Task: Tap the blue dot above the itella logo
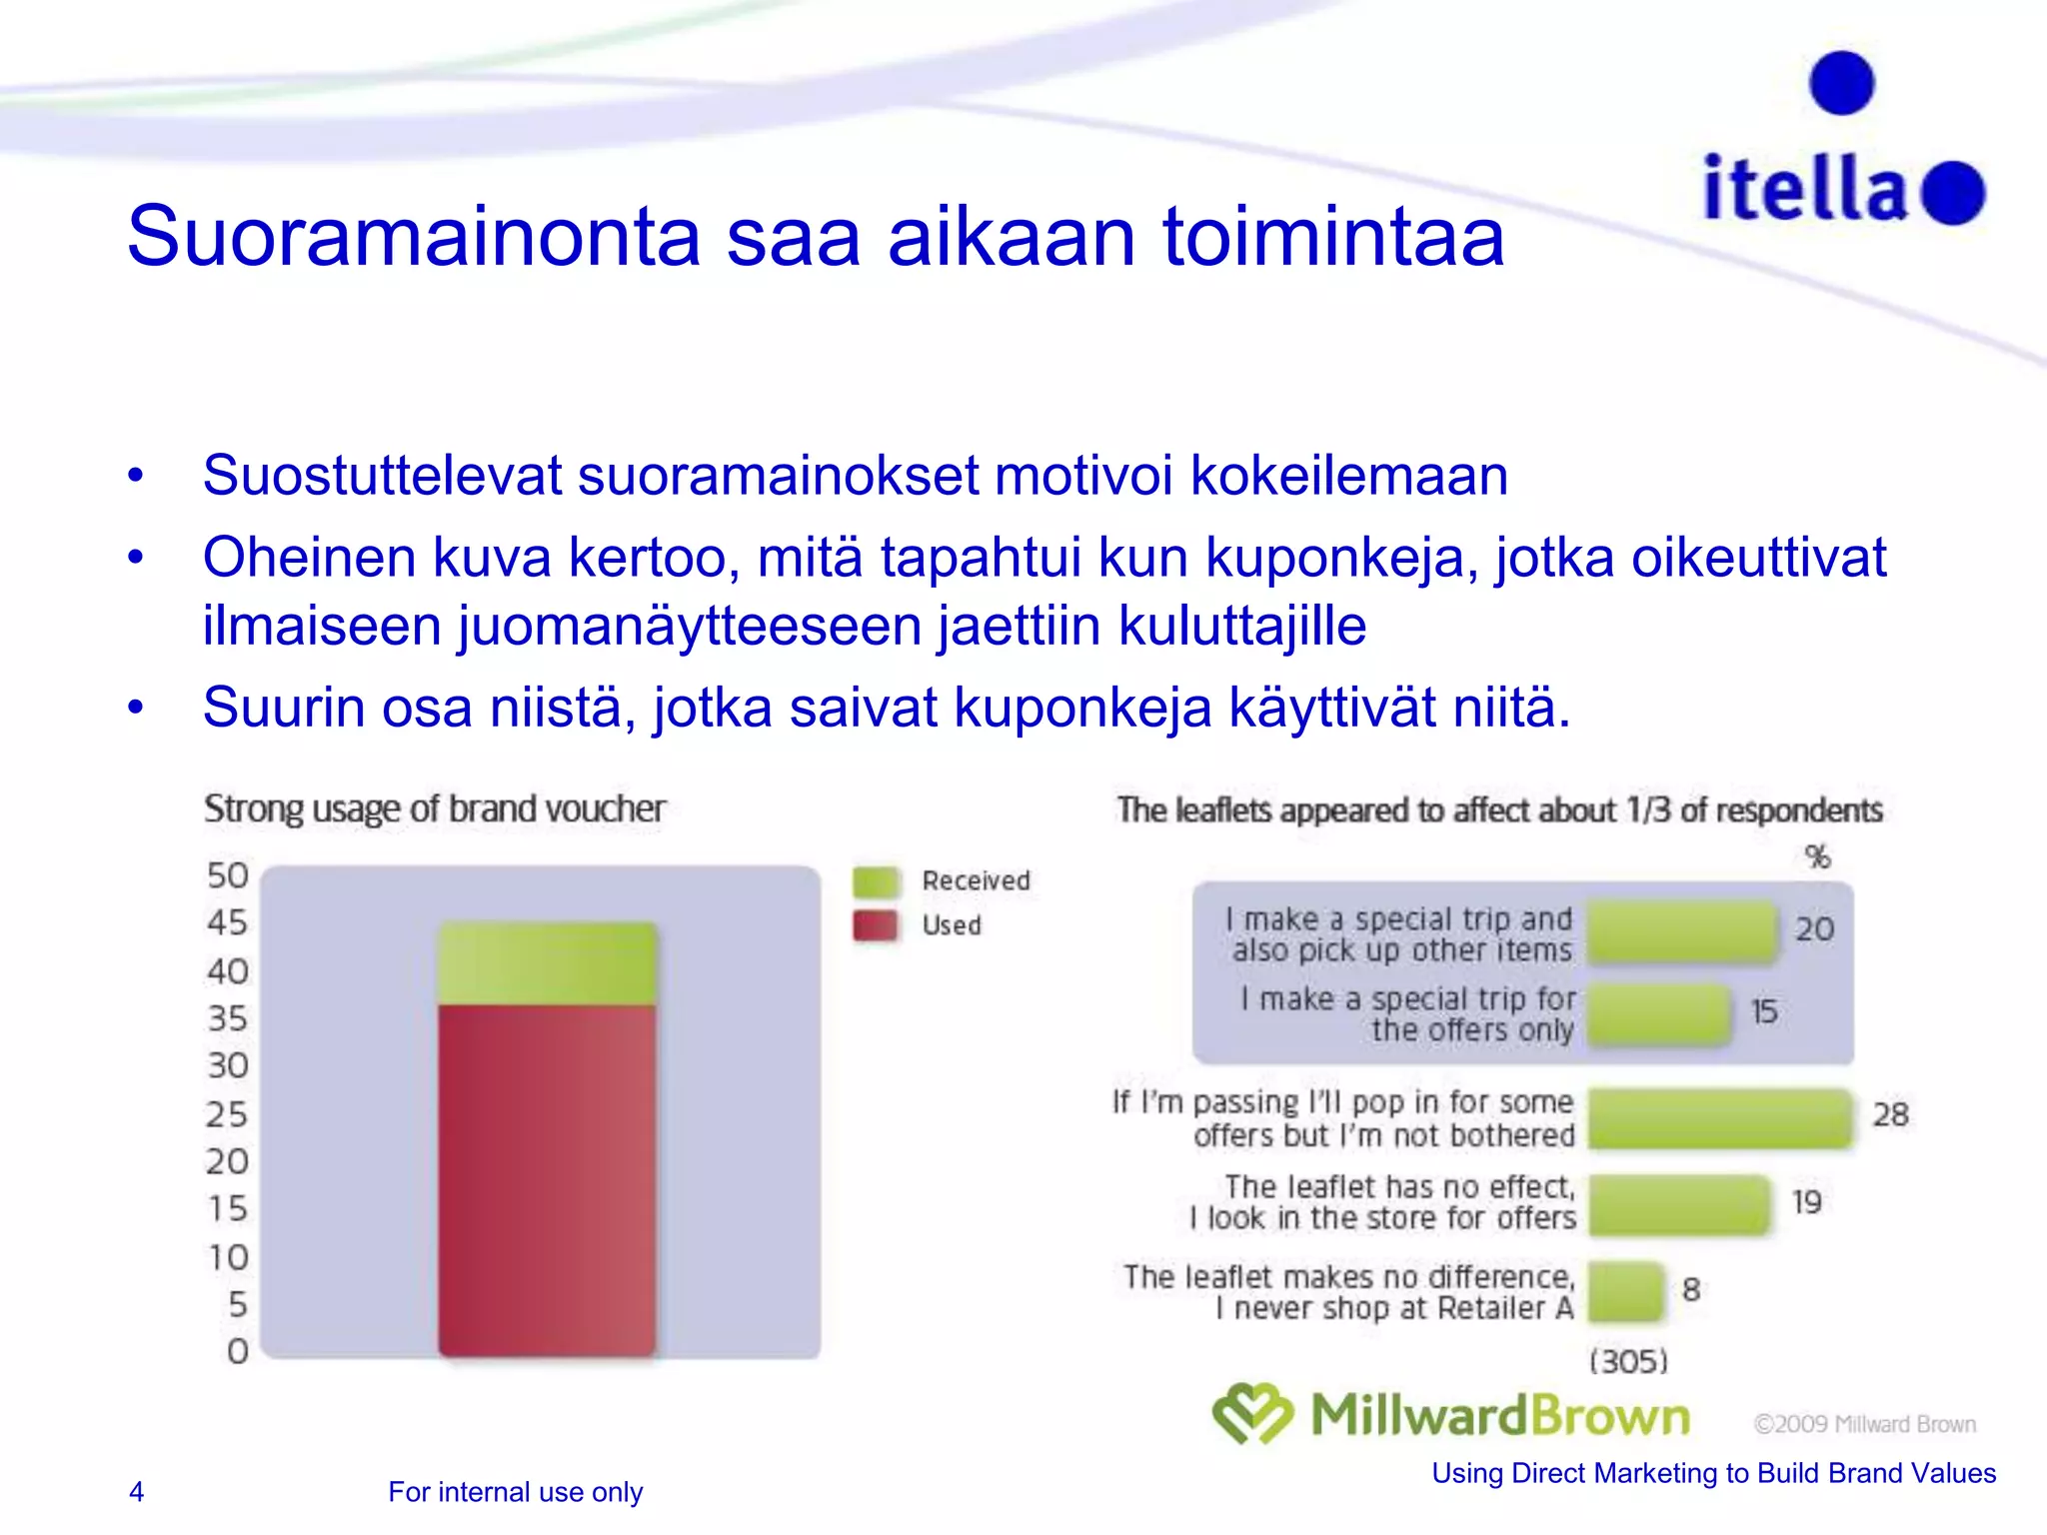tap(1841, 83)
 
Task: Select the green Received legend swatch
tap(876, 881)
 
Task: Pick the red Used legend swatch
tap(876, 925)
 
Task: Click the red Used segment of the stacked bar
tap(547, 1179)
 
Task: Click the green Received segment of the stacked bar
tap(547, 963)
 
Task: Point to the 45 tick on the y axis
tap(227, 921)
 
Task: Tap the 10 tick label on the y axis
tap(228, 1256)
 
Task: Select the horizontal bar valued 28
tap(1719, 1117)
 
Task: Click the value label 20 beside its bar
tap(1814, 929)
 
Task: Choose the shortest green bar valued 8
tap(1625, 1291)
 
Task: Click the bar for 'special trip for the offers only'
tap(1659, 1013)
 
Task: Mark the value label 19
tap(1806, 1202)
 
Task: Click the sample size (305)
tap(1628, 1361)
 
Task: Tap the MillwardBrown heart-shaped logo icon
tap(1251, 1413)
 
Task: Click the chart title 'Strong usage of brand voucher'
tap(434, 808)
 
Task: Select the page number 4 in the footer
tap(137, 1491)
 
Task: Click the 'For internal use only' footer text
tap(515, 1491)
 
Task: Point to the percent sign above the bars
tap(1817, 856)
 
